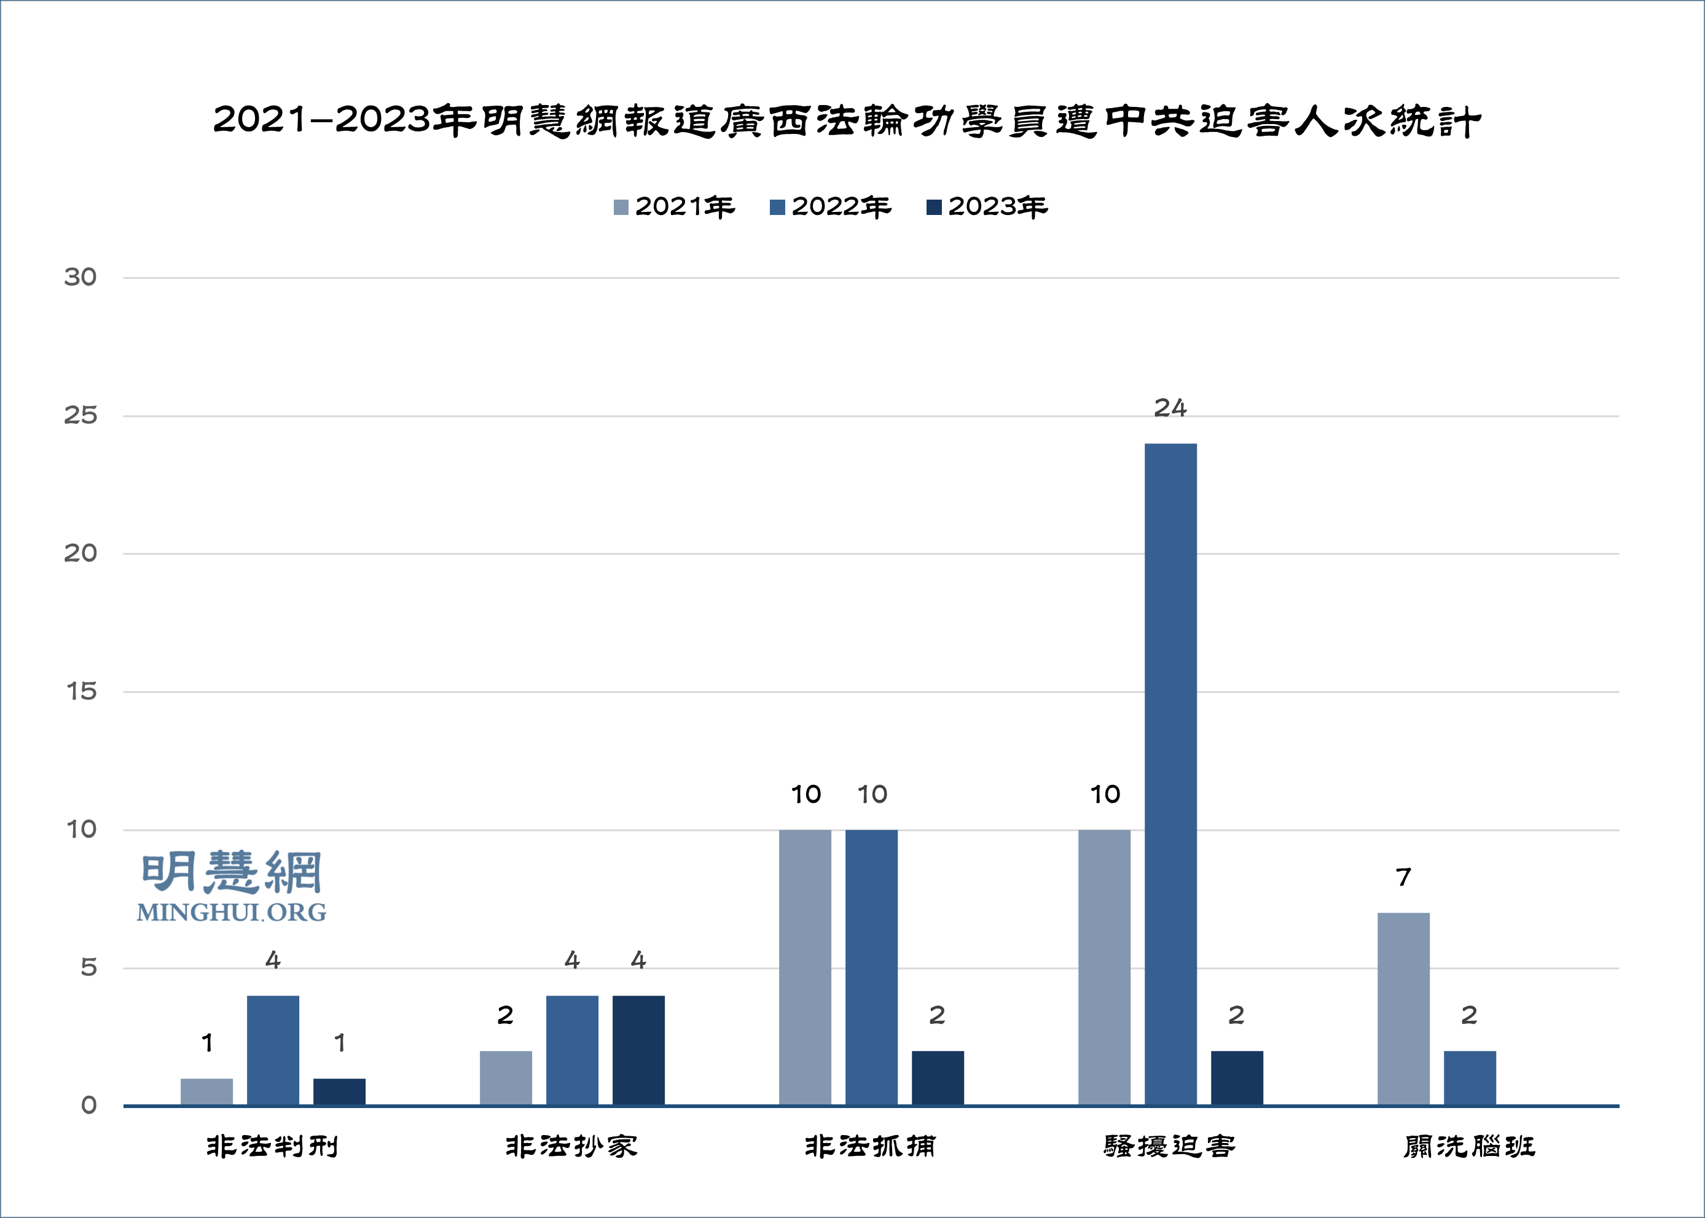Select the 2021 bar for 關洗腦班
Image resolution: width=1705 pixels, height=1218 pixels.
click(1403, 1009)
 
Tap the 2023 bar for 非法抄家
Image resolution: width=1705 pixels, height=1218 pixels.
click(638, 1050)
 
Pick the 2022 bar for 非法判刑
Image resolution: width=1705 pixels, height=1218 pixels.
click(273, 1050)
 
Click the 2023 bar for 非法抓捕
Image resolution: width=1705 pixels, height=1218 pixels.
click(938, 1078)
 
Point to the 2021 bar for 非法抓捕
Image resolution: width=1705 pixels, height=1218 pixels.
click(805, 967)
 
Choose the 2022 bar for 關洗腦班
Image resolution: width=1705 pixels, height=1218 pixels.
click(1470, 1078)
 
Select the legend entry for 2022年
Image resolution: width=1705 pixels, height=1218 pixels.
click(830, 207)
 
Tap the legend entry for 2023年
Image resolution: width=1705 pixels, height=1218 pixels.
click(987, 207)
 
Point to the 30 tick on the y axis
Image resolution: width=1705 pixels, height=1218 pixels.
click(80, 278)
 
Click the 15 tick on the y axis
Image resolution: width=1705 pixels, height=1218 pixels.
click(81, 692)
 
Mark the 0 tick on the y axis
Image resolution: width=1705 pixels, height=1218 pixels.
click(88, 1106)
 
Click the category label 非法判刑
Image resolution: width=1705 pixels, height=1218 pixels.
click(272, 1147)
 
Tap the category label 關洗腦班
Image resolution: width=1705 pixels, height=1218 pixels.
click(1470, 1147)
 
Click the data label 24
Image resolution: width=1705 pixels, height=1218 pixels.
click(1170, 408)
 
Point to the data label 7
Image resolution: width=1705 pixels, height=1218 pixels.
click(1403, 878)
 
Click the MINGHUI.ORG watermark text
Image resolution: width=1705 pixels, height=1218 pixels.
click(232, 913)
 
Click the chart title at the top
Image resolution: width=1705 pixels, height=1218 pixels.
click(847, 122)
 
